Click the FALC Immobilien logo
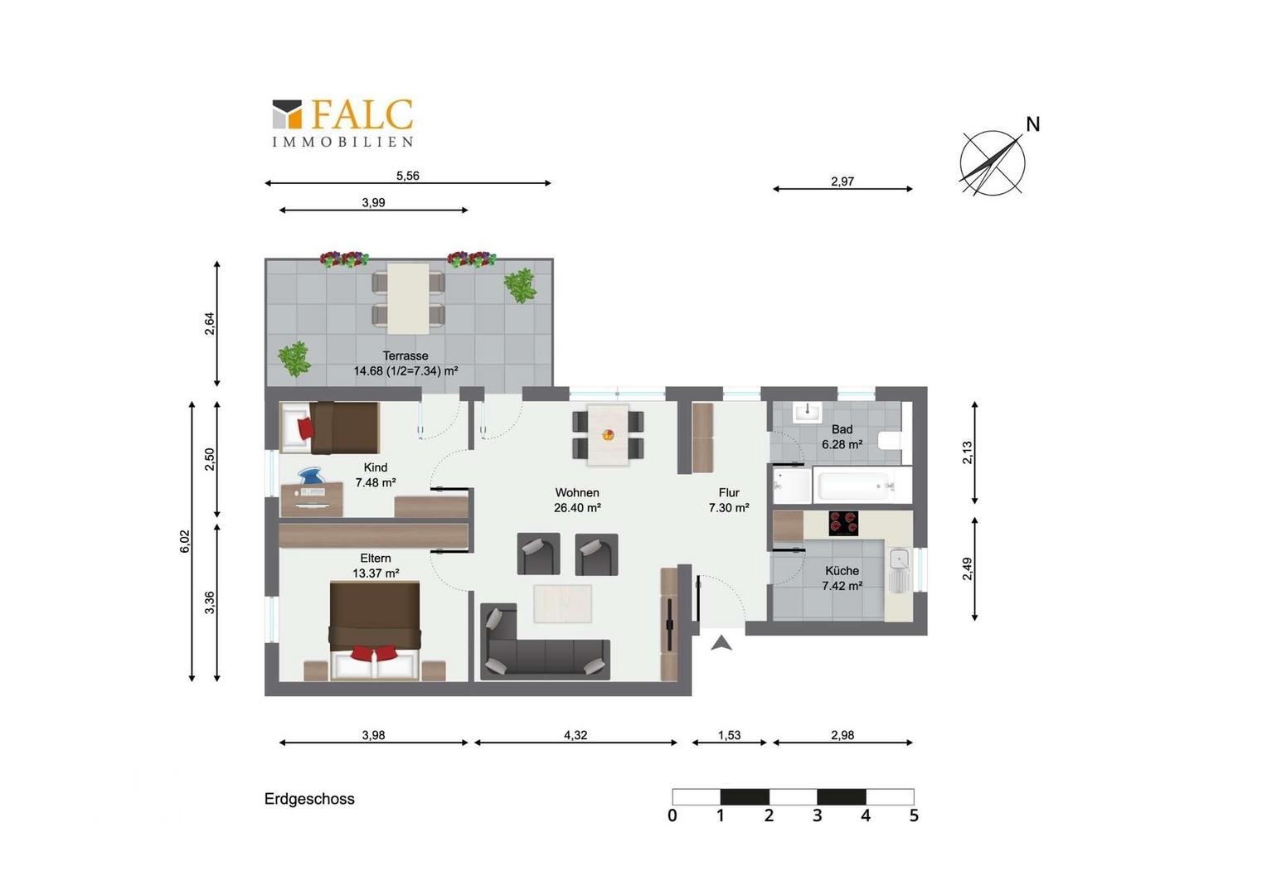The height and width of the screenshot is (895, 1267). point(342,123)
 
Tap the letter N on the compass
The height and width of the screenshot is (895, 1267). point(1033,124)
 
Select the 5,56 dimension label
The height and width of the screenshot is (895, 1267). point(407,176)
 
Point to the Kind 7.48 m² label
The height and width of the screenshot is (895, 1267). point(376,475)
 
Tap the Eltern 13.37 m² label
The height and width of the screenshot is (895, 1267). point(376,565)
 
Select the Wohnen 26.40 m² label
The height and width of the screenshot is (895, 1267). point(577,501)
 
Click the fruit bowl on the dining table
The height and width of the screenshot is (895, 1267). point(608,435)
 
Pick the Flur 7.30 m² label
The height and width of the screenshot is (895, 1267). point(729,501)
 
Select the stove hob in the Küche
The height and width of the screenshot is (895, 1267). point(843,524)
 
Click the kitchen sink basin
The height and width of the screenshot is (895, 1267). point(898,559)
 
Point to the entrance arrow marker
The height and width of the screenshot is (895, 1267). point(721,643)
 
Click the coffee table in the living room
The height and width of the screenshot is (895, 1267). point(563,604)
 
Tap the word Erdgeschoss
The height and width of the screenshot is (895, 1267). point(309,799)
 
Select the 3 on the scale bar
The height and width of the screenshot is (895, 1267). point(817,815)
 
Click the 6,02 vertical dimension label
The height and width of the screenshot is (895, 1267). point(185,541)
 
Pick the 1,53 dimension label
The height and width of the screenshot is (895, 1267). point(729,735)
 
